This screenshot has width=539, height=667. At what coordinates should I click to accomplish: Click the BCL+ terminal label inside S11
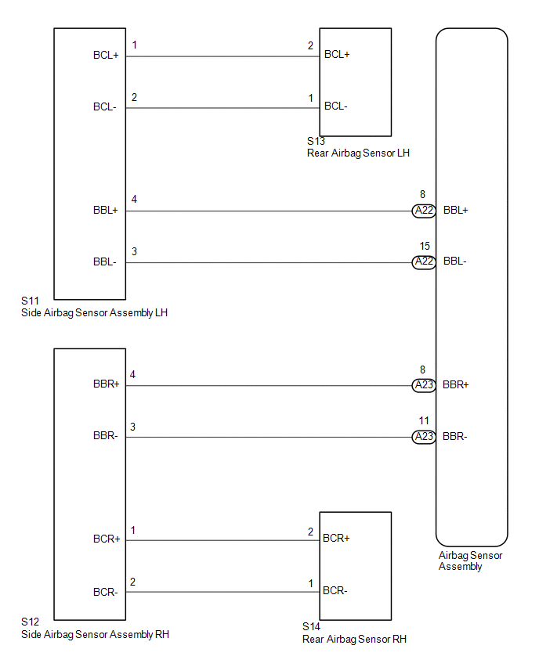click(x=106, y=56)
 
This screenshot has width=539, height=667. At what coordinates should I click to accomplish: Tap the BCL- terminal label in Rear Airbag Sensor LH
click(x=337, y=106)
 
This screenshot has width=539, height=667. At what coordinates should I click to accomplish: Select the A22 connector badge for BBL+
click(x=424, y=211)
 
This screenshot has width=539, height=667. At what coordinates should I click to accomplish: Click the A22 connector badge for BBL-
click(x=424, y=262)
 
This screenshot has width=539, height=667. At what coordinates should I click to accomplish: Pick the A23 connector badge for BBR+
click(x=424, y=385)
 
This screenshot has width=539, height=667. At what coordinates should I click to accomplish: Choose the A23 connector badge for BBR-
click(x=424, y=437)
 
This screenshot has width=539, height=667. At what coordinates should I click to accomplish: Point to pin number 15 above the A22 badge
click(x=425, y=246)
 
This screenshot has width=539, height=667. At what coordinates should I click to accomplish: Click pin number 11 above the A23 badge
click(x=425, y=420)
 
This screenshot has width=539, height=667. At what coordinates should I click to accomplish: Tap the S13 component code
click(x=316, y=142)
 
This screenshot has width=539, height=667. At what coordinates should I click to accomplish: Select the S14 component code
click(x=311, y=627)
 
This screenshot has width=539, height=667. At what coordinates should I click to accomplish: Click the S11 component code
click(x=31, y=301)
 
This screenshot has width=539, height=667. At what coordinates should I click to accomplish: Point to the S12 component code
click(x=31, y=622)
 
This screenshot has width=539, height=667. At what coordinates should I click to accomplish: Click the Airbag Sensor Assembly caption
click(x=470, y=561)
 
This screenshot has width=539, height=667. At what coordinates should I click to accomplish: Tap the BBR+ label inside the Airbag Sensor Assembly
click(x=456, y=385)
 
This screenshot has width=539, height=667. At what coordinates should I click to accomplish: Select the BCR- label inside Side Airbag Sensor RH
click(x=105, y=592)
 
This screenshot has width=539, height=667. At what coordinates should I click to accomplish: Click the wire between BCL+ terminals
click(x=222, y=56)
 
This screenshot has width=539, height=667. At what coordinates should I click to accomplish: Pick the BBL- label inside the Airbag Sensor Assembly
click(x=455, y=262)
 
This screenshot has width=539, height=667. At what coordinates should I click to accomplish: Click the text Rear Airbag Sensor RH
click(x=354, y=640)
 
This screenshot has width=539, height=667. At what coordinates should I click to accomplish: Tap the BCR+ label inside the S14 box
click(x=336, y=539)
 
